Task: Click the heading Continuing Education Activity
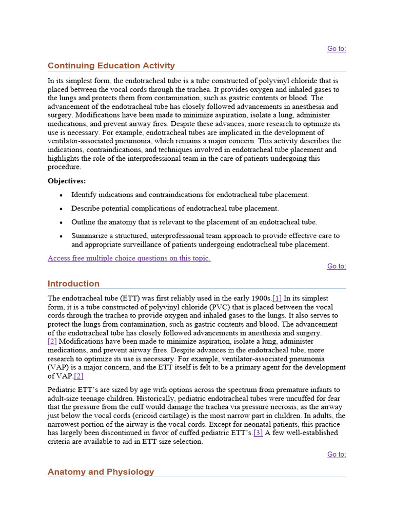(111, 66)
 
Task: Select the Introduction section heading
(73, 284)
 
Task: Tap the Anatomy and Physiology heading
(101, 472)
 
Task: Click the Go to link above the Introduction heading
(337, 266)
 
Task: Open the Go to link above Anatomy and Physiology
(337, 454)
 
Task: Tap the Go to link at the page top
(337, 49)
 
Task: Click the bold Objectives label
(67, 181)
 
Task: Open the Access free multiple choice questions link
(129, 258)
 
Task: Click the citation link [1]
(277, 298)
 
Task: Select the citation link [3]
(258, 433)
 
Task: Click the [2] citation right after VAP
(78, 376)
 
